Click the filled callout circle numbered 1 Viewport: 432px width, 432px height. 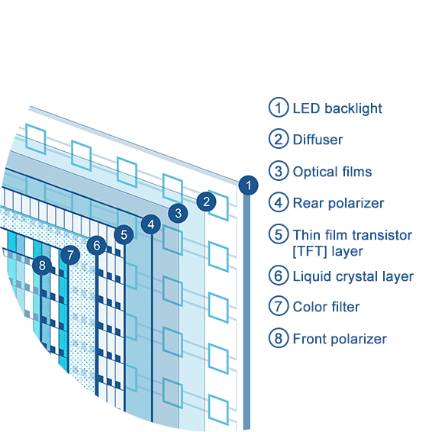click(249, 185)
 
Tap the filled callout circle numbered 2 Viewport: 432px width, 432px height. click(206, 201)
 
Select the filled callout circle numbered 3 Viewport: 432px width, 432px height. click(179, 213)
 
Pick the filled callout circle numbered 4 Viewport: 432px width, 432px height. click(151, 224)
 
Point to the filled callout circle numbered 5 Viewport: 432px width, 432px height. click(124, 235)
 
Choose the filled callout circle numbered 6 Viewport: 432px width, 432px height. click(97, 245)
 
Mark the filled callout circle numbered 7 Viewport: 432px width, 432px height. click(70, 255)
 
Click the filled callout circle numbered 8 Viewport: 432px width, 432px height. click(42, 266)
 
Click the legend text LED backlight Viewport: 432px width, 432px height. click(337, 108)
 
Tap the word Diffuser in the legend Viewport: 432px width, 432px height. click(318, 140)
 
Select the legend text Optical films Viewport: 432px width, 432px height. click(332, 172)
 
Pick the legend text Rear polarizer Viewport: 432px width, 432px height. click(338, 203)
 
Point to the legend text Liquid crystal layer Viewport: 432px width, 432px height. click(353, 276)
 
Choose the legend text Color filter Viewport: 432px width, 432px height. click(326, 307)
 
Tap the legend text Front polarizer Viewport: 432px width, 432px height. click(340, 339)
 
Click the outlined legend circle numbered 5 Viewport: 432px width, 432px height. click(279, 234)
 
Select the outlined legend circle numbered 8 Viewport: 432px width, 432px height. click(279, 338)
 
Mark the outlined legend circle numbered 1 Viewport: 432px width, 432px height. click(279, 107)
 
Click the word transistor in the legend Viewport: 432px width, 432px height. click(382, 235)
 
